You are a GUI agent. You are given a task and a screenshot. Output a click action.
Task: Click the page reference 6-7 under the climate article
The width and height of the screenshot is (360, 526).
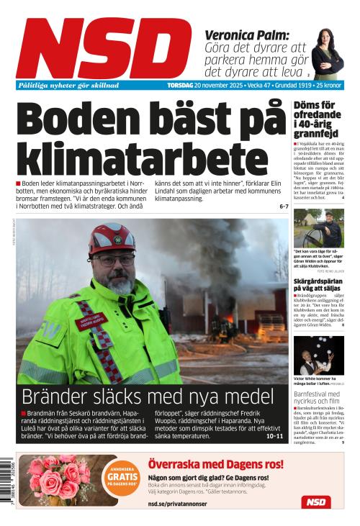tap(283, 207)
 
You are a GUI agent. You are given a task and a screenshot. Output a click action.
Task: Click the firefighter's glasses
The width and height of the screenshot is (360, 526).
tap(113, 260)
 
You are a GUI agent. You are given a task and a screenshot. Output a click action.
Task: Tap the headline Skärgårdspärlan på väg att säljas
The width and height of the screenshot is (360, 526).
tap(318, 287)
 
